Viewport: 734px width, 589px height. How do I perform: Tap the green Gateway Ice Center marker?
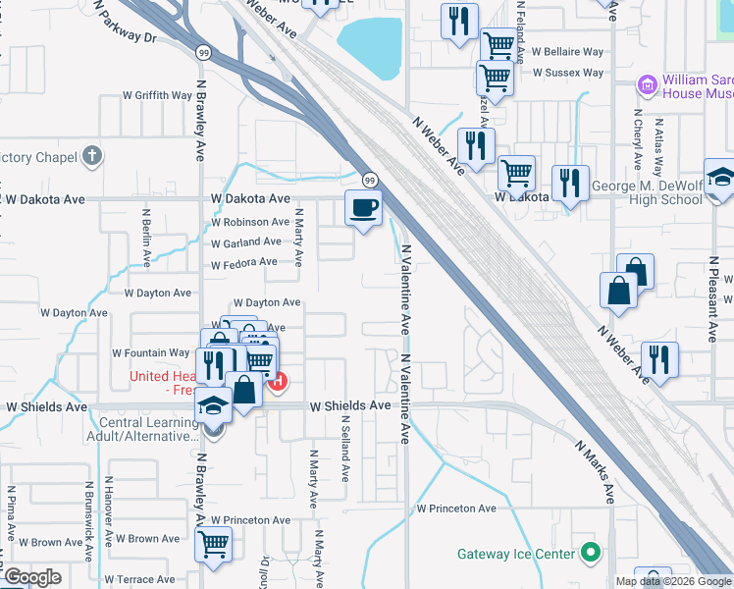tap(590, 553)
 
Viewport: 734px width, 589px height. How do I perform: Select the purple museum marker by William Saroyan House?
tap(648, 85)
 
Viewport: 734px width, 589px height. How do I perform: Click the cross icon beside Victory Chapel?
tap(91, 156)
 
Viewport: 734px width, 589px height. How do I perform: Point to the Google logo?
tap(32, 577)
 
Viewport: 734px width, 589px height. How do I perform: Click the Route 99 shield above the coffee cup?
tap(369, 180)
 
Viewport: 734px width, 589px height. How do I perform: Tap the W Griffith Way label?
tap(157, 95)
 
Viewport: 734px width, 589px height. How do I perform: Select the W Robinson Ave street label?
tap(250, 222)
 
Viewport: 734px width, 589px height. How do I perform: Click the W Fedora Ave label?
tap(244, 263)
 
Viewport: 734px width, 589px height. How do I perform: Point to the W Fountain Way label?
tap(150, 352)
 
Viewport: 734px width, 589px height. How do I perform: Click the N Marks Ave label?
tap(595, 472)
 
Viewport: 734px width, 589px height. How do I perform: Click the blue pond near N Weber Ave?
tap(370, 46)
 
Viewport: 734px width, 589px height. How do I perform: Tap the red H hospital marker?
tap(278, 381)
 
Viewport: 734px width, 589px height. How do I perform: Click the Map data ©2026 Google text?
tap(673, 581)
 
